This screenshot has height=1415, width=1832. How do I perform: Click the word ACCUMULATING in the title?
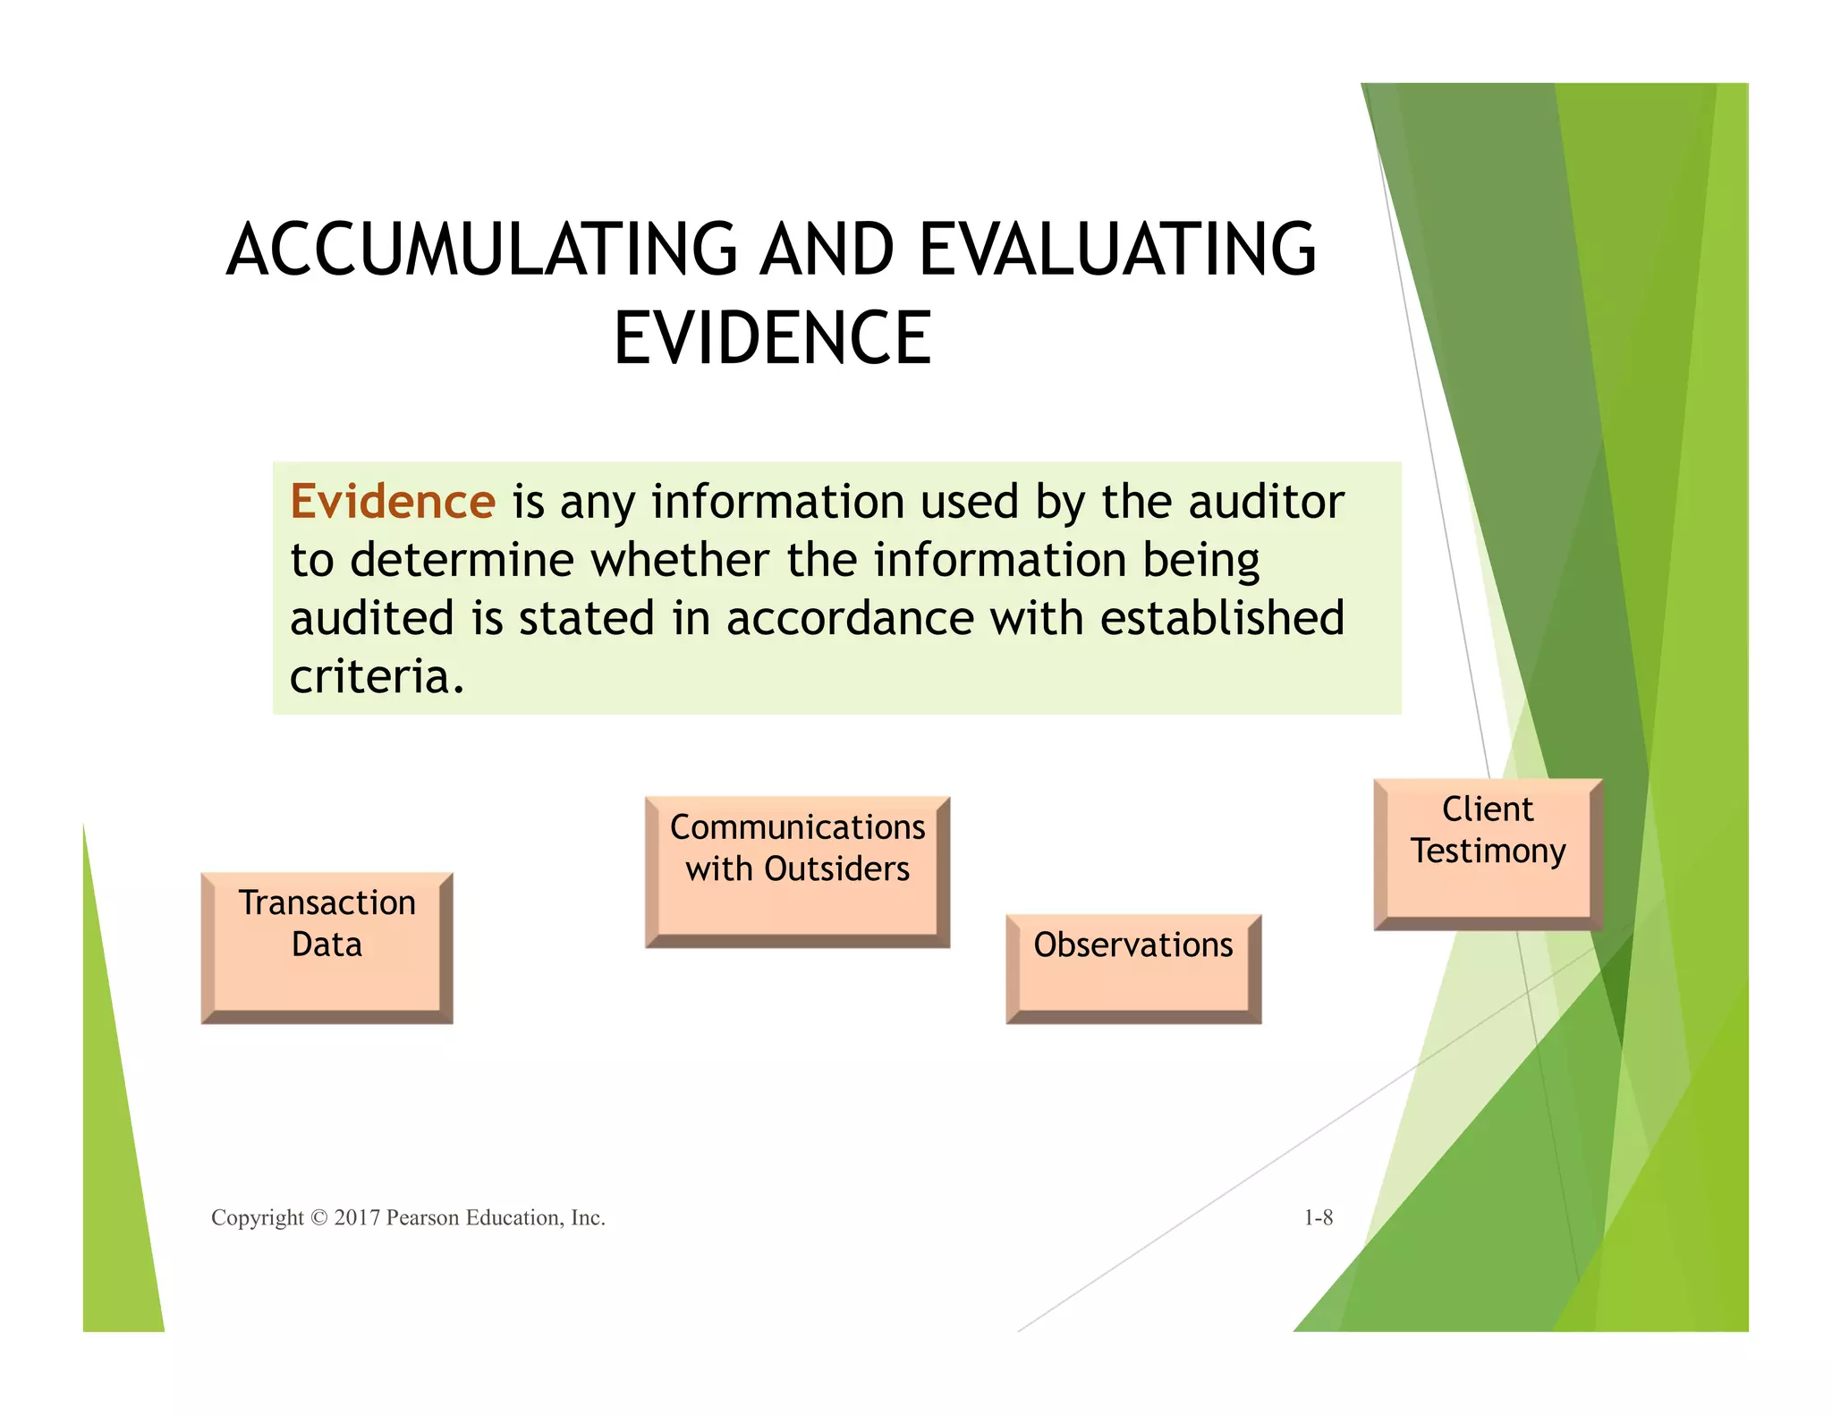(x=482, y=250)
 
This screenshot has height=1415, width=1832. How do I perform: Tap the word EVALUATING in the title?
(x=1117, y=250)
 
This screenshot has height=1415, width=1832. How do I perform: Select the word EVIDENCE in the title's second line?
(x=773, y=338)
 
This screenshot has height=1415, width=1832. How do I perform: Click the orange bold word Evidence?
(x=393, y=502)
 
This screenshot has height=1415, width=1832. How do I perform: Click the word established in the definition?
(x=1222, y=619)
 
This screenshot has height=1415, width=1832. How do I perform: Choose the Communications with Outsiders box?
(x=797, y=871)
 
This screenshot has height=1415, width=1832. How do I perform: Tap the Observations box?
(x=1133, y=968)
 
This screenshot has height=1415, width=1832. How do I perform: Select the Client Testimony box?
(x=1488, y=853)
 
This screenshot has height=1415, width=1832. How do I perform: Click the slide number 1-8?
(x=1319, y=1217)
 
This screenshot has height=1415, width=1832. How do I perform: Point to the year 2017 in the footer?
(x=357, y=1217)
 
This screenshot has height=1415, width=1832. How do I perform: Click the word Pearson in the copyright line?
(x=422, y=1217)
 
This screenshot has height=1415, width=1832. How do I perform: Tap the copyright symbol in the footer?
(x=318, y=1217)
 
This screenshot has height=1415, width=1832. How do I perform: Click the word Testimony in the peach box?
(x=1488, y=851)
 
